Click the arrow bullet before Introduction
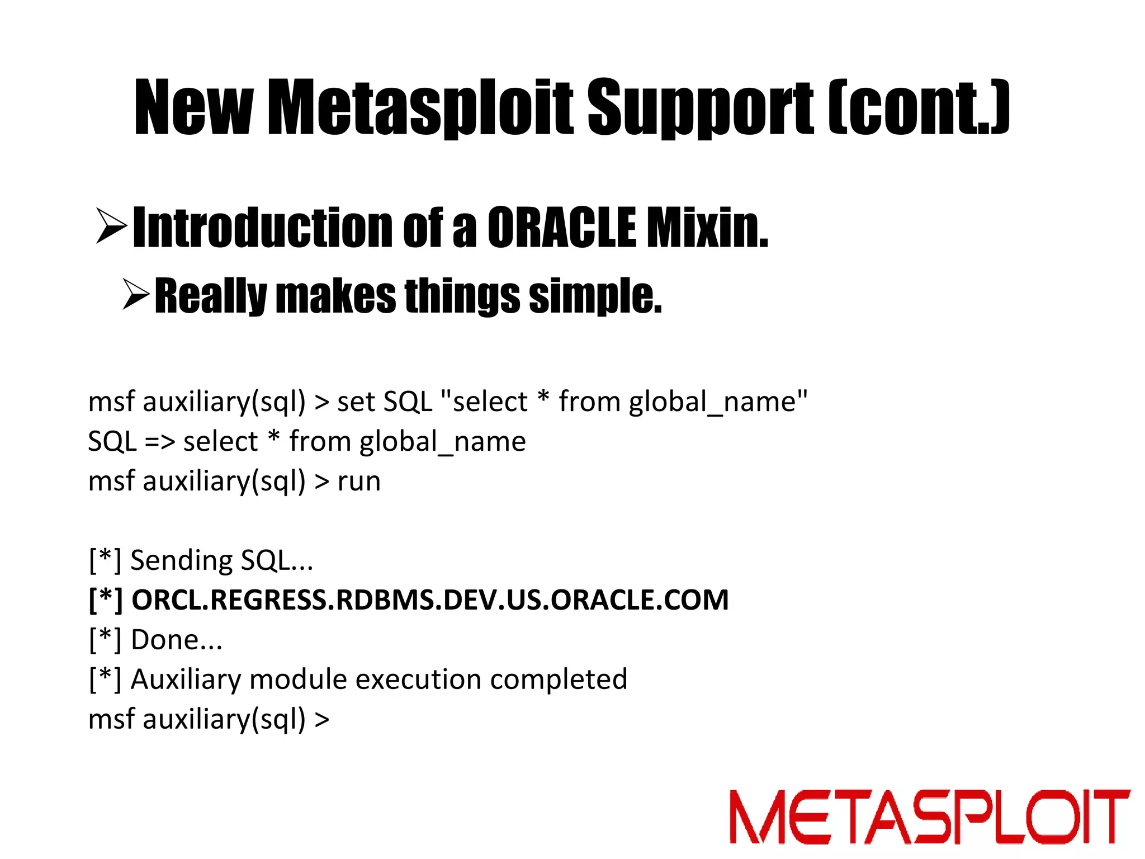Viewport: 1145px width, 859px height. [x=111, y=226]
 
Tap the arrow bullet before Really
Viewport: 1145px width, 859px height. [x=136, y=295]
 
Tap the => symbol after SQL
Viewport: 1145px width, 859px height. [x=160, y=442]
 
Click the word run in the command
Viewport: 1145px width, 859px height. [x=359, y=482]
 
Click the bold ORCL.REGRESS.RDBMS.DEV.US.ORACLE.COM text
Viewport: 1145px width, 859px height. [x=429, y=600]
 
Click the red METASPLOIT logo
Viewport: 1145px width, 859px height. [x=929, y=816]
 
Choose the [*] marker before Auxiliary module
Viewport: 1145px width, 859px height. [x=105, y=679]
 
